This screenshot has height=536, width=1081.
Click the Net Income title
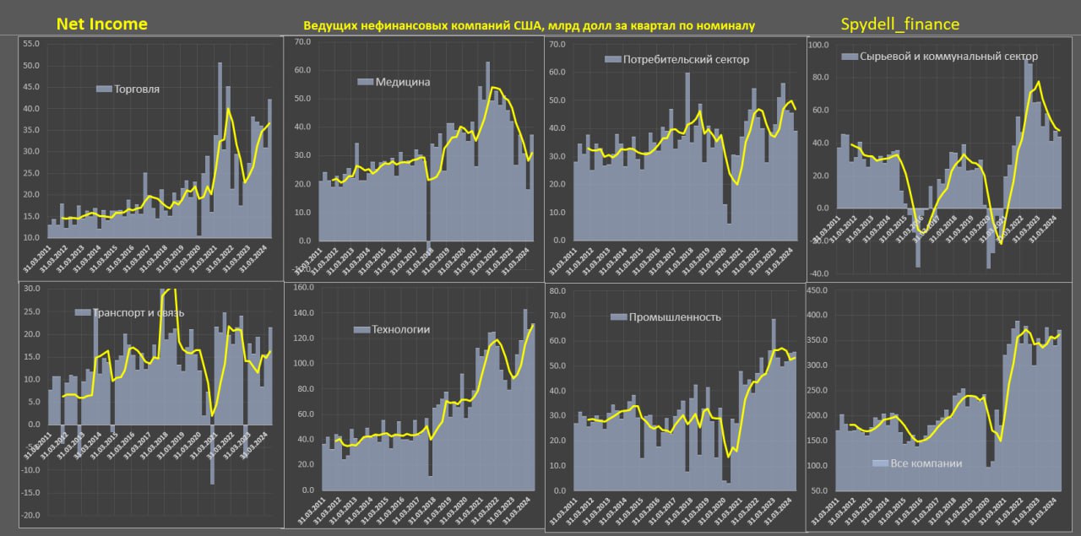point(101,24)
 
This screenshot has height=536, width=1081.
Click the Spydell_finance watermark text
point(900,24)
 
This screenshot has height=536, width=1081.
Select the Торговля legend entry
point(136,88)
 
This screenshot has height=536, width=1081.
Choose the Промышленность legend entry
point(673,317)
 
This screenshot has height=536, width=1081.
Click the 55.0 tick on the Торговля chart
point(31,43)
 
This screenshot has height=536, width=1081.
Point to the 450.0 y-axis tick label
point(821,291)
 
